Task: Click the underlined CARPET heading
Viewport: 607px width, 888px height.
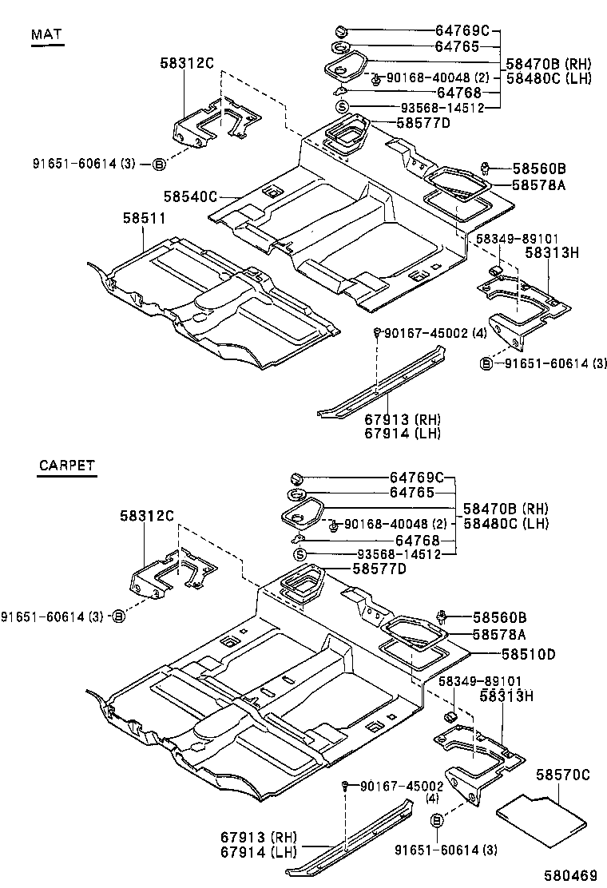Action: [x=66, y=466]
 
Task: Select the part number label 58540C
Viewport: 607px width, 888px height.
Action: [x=190, y=196]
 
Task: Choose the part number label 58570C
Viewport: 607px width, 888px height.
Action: [x=563, y=775]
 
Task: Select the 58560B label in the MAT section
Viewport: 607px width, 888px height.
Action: [x=539, y=168]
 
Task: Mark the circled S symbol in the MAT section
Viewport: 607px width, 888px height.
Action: [x=341, y=107]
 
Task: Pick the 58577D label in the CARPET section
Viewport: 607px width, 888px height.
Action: [x=379, y=569]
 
